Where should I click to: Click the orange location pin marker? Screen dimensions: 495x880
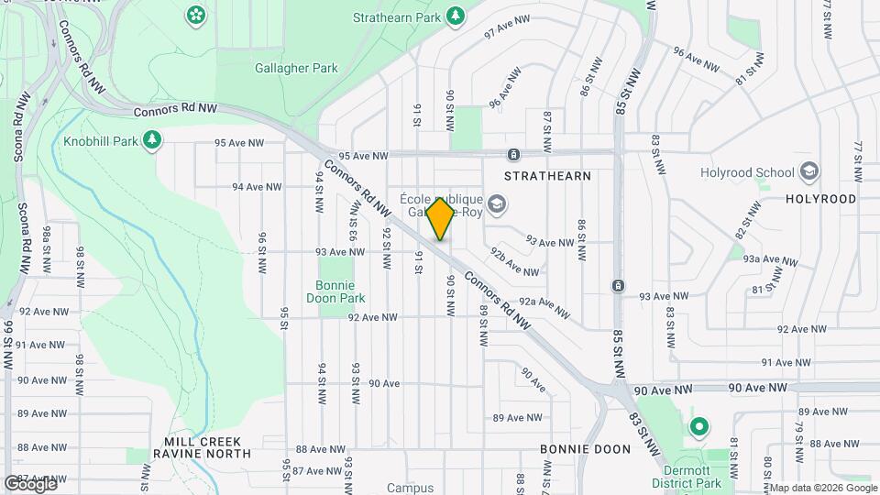(x=440, y=219)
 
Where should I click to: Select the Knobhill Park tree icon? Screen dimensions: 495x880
(x=152, y=140)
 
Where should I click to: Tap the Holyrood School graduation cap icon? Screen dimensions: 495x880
(x=809, y=171)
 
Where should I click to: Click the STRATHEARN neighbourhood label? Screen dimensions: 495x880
(x=548, y=175)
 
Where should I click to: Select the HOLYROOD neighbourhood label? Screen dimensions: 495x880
(x=821, y=199)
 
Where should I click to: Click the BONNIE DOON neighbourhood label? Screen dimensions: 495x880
(x=585, y=449)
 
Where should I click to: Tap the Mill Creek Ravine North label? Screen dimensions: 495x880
(x=202, y=447)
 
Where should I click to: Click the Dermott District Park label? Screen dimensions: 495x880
(x=688, y=476)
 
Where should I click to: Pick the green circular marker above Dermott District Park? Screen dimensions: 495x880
(x=698, y=427)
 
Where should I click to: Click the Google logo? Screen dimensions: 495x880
(x=30, y=483)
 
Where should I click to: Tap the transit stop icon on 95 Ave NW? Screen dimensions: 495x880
(x=514, y=154)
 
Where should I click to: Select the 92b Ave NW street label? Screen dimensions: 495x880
(x=514, y=261)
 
